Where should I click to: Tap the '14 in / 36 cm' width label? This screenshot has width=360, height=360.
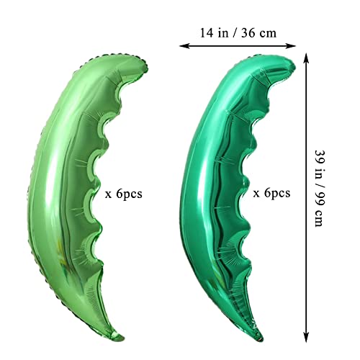coord(238,32)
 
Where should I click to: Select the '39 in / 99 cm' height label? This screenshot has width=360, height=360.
coord(320,189)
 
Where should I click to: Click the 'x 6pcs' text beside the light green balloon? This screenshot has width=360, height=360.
coord(124,194)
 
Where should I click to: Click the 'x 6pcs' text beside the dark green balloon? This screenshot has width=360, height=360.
coord(271,193)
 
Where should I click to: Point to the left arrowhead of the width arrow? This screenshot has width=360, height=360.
coord(182,45)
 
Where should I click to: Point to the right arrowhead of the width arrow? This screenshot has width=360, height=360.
coord(292,45)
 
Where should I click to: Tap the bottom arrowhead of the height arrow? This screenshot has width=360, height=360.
coord(306,337)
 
